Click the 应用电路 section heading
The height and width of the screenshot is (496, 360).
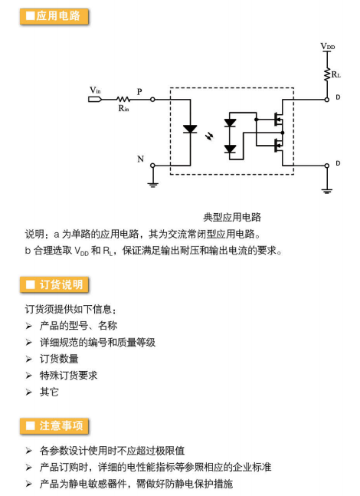coord(54,16)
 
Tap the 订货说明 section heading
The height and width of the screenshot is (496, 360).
coord(54,284)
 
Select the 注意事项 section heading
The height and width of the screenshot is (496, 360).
coord(54,425)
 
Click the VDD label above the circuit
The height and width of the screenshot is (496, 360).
coord(327,46)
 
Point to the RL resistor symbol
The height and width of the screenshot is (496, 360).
coord(327,74)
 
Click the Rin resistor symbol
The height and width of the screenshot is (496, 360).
coord(123,100)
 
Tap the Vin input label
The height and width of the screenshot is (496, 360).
coord(95,90)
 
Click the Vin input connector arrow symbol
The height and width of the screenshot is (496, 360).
coord(95,100)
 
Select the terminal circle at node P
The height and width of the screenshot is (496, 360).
coord(152,100)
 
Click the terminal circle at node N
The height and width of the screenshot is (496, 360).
coord(152,165)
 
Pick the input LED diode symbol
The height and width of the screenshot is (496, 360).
coord(190,129)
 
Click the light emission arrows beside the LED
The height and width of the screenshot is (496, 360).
coord(209,136)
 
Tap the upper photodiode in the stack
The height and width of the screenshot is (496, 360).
coord(230,123)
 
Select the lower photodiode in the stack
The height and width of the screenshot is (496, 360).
coord(230,149)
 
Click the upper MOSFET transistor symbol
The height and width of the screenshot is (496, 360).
coord(278,120)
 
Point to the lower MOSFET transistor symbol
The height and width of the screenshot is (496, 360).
coord(278,146)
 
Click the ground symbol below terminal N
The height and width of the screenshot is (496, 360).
coord(152,184)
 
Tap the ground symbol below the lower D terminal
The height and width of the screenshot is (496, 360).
coord(327,191)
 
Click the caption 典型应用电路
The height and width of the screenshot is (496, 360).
coord(232,217)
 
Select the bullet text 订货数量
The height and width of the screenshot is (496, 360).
coord(59,359)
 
